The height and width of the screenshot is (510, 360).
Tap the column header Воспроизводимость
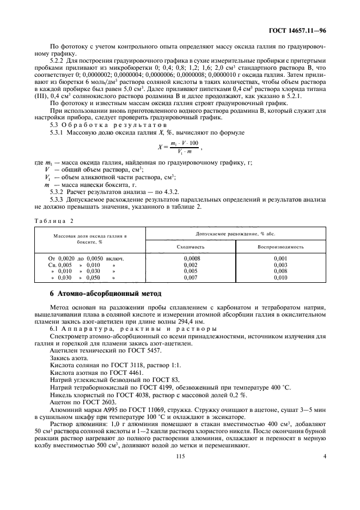point(280,246)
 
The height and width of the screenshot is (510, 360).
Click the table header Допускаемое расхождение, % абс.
point(235,233)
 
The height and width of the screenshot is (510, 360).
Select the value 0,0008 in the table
point(191,258)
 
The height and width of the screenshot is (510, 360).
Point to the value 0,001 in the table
point(280,258)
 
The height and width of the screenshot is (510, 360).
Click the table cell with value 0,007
point(191,277)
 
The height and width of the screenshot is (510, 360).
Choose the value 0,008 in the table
point(280,271)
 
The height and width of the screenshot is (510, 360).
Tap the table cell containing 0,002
point(191,265)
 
